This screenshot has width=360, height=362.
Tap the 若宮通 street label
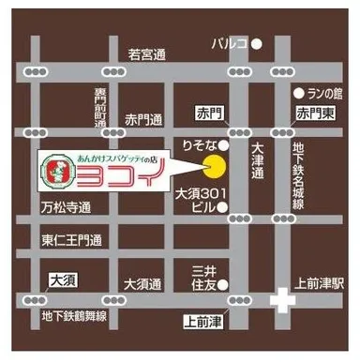146,54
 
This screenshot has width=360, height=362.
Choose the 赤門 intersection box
207,112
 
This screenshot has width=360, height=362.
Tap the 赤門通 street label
144,120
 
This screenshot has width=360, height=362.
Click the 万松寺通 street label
65,206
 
